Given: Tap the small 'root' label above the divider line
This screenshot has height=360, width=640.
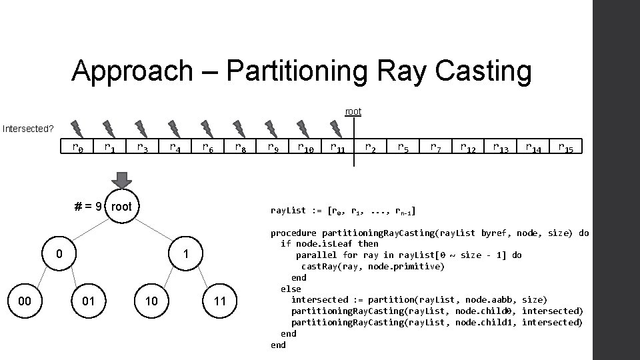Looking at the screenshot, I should [353, 111].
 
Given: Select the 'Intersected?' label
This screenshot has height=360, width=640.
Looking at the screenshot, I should [27, 127].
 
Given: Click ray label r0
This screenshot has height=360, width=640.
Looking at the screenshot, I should [78, 147].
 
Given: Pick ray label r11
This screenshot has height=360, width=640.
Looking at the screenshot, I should [337, 147].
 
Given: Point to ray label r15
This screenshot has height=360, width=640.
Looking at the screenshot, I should [565, 147].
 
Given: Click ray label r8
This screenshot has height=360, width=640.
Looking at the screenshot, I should [240, 147].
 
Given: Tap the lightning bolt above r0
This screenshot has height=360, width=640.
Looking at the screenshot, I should [77, 127].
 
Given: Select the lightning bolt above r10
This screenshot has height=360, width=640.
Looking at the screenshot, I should [303, 127].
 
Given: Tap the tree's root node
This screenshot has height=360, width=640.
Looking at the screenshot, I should [121, 206].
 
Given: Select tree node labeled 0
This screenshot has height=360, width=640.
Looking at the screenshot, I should [59, 254].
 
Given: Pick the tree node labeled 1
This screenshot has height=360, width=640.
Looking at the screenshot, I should [187, 254].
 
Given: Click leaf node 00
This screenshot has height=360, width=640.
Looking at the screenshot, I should [25, 301].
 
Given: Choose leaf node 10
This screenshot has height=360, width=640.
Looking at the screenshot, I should [152, 301].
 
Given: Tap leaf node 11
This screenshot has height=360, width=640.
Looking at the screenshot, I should [220, 301].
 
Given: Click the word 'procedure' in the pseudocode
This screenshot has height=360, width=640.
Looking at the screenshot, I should [293, 233].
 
